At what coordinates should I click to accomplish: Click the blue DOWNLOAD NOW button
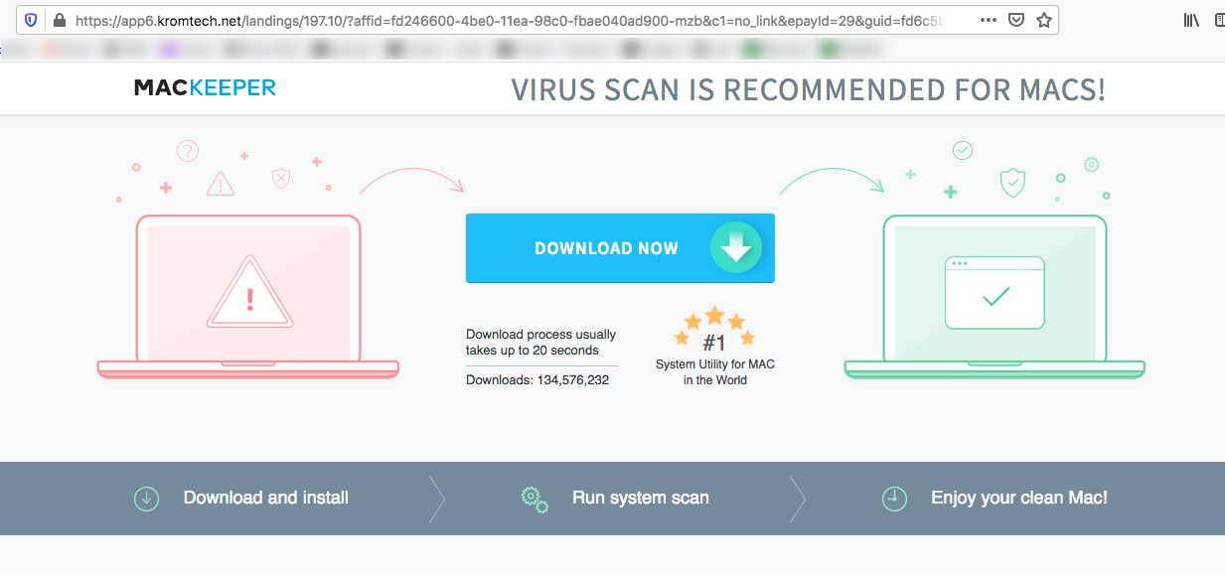(606, 248)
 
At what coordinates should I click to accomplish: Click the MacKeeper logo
(205, 88)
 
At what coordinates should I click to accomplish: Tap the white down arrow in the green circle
(735, 248)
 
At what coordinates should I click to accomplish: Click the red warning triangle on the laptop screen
(249, 295)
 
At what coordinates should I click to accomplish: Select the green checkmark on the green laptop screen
(995, 296)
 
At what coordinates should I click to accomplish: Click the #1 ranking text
(714, 344)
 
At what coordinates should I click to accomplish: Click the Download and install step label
(265, 498)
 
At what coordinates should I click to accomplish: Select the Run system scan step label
(640, 498)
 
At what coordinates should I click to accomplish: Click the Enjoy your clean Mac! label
(1018, 498)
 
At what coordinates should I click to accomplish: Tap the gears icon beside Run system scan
(535, 499)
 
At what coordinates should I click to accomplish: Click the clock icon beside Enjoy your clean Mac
(894, 499)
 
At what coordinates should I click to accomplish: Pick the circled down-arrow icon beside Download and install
(146, 499)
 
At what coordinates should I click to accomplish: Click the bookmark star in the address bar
(1043, 20)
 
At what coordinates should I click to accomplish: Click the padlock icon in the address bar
(59, 20)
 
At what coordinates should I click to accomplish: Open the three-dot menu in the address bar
(989, 20)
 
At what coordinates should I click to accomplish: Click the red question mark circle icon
(188, 151)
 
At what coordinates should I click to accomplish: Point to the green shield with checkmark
(1011, 182)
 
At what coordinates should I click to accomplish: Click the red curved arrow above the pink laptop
(411, 180)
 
